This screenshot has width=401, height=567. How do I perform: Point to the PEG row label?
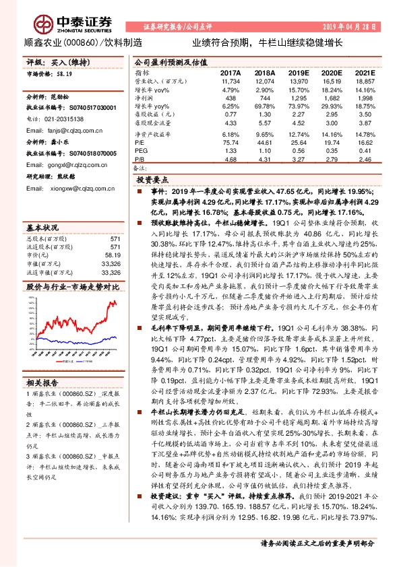click(x=140, y=152)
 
